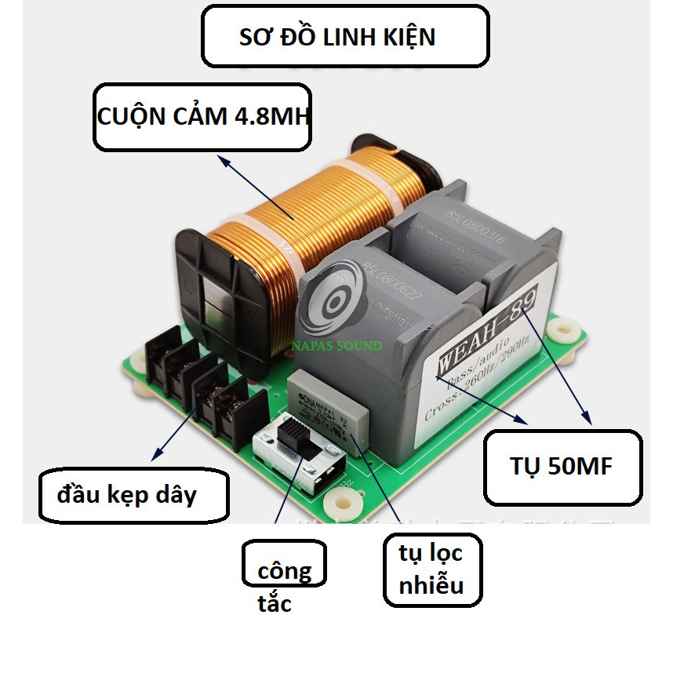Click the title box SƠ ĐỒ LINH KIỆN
tap(345, 36)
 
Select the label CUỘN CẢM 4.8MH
tap(203, 117)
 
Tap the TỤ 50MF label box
tap(563, 467)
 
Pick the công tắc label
tap(283, 573)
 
